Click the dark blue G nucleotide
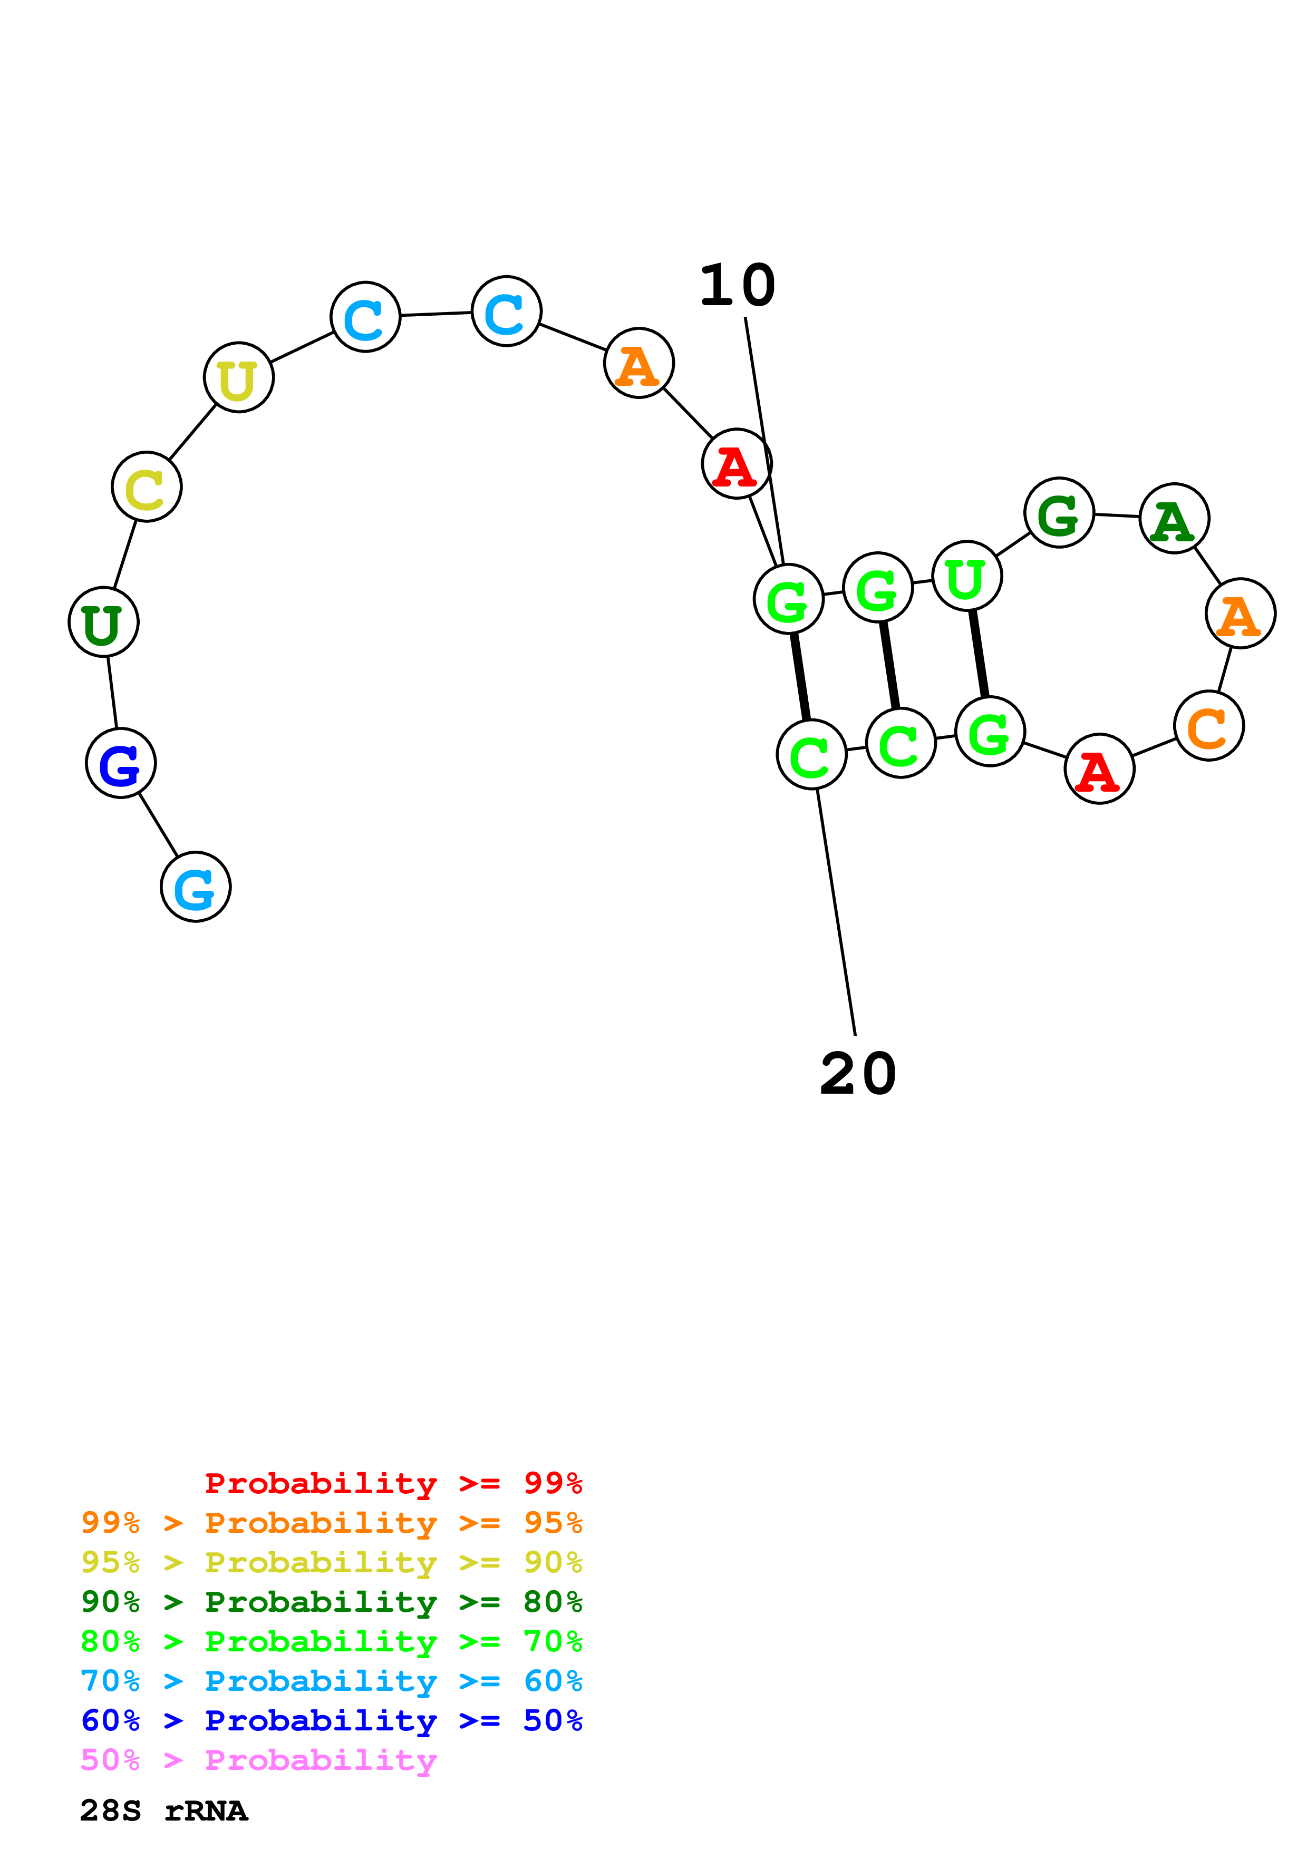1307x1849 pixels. click(121, 763)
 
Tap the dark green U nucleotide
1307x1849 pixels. click(104, 622)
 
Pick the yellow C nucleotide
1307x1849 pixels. click(147, 487)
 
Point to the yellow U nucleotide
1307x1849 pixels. click(238, 378)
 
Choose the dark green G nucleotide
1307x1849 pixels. click(1059, 513)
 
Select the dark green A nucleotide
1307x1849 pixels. click(1174, 519)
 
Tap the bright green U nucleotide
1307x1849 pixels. click(966, 577)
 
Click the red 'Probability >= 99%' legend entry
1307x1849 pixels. click(393, 1483)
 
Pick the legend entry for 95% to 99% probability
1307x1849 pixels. click(332, 1523)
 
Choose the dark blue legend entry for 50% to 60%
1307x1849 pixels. click(332, 1721)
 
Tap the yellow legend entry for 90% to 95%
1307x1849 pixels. click(332, 1562)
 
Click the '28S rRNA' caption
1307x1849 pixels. click(164, 1811)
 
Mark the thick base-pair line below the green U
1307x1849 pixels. click(979, 654)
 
